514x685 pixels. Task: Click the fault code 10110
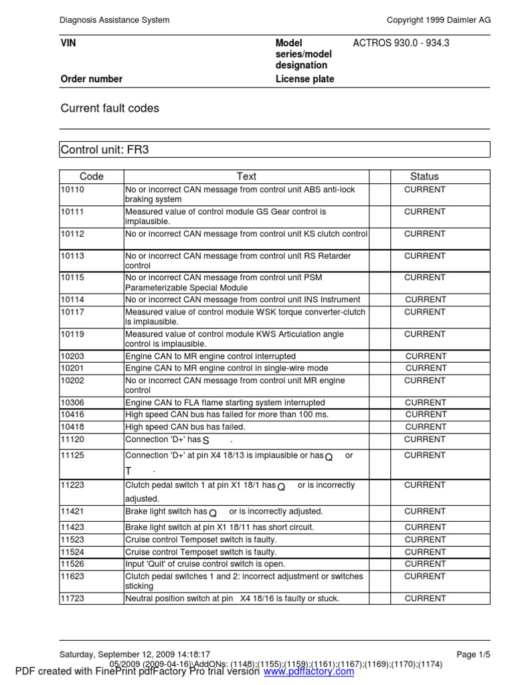[x=72, y=190]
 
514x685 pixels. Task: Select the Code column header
[x=92, y=177]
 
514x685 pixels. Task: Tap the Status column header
[x=424, y=177]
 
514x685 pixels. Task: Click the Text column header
[x=246, y=177]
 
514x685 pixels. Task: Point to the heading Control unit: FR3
[x=104, y=149]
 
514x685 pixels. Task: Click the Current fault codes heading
[x=110, y=108]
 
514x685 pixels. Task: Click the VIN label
[x=69, y=43]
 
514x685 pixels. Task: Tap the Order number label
[x=92, y=79]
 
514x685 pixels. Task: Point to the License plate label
[x=305, y=79]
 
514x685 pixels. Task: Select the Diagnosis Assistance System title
[x=114, y=20]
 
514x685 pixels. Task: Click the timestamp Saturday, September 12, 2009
[x=135, y=654]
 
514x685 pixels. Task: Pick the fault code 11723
[x=72, y=599]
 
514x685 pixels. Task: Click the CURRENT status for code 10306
[x=425, y=403]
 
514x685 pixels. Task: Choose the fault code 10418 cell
[x=72, y=427]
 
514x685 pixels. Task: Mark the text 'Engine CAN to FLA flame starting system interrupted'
[x=225, y=403]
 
